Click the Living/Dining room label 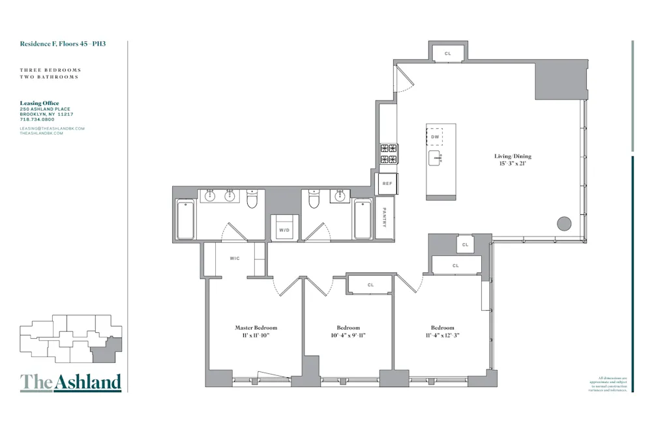[x=512, y=156]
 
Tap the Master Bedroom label [x=256, y=328]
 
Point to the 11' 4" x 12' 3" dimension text [x=442, y=335]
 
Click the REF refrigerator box [x=387, y=184]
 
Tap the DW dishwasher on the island [x=435, y=137]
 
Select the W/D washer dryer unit [x=284, y=230]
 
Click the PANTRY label [x=385, y=218]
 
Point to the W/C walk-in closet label [x=235, y=259]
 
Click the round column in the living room [x=564, y=224]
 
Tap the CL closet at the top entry [x=448, y=53]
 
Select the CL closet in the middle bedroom [x=370, y=285]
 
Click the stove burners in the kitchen [x=389, y=154]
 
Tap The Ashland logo [x=70, y=382]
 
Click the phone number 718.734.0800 [x=37, y=119]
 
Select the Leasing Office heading [x=40, y=103]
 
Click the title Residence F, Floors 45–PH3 [x=63, y=45]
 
